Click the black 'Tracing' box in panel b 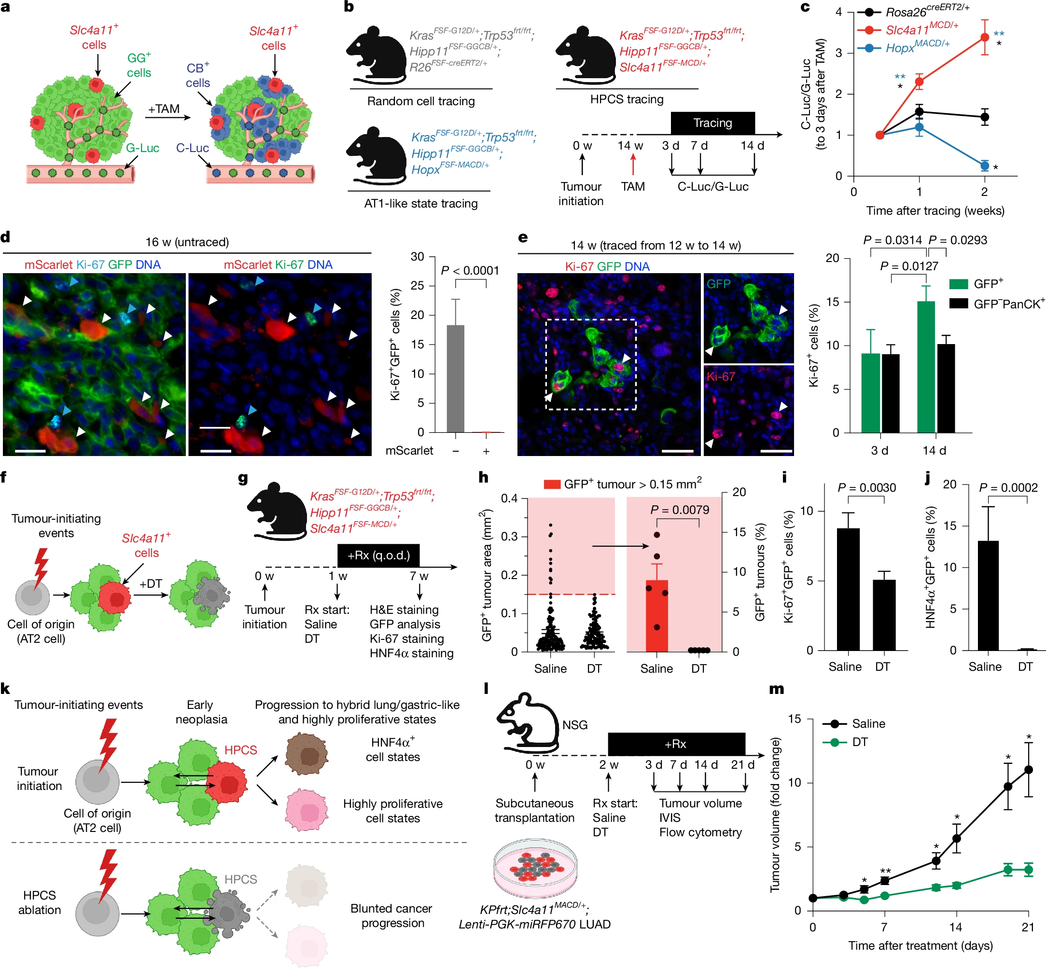click(712, 123)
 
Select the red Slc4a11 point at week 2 click(984, 37)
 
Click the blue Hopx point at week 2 click(984, 166)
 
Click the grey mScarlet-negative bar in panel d click(455, 378)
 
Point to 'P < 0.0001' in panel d click(470, 271)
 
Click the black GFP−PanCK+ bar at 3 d click(890, 393)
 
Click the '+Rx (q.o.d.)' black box click(378, 555)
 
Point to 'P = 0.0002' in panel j click(1008, 488)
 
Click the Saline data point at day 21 click(1028, 770)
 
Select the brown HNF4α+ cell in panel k click(307, 756)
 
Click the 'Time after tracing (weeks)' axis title click(935, 211)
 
